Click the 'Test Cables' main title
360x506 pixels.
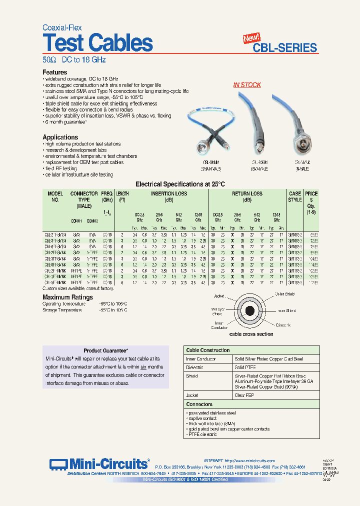point(97,43)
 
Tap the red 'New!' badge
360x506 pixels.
point(251,38)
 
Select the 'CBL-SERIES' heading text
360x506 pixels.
point(284,48)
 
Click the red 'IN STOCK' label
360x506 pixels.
point(247,85)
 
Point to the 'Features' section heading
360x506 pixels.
point(55,72)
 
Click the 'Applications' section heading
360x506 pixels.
point(60,137)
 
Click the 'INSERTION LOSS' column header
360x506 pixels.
point(168,193)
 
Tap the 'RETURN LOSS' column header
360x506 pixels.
point(247,193)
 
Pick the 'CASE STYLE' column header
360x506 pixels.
point(295,196)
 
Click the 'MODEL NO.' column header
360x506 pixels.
point(56,196)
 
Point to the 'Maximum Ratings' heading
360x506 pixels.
point(67,297)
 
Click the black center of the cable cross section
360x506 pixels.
point(250,311)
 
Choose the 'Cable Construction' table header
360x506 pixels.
point(208,350)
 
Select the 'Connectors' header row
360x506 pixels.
point(199,404)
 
